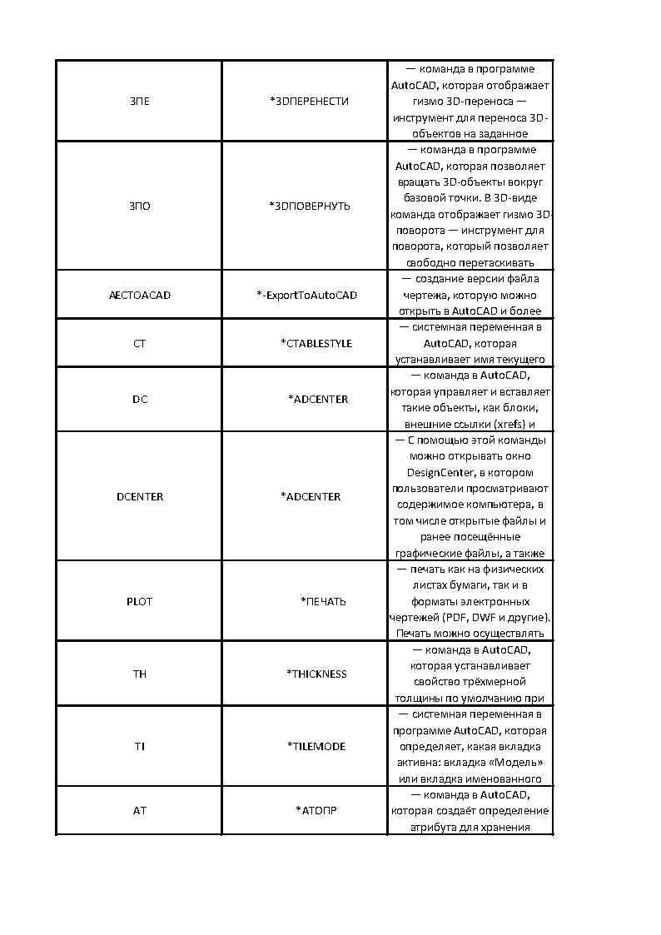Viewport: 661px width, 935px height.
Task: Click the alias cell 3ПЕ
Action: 140,101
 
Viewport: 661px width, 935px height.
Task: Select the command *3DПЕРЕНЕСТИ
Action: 309,101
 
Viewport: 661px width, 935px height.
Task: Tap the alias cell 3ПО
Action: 140,206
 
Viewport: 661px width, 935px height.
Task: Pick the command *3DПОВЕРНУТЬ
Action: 310,206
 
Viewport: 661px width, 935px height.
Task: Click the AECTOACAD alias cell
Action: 140,295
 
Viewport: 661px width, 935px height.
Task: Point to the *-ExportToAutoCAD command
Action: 306,295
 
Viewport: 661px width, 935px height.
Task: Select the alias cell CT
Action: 140,343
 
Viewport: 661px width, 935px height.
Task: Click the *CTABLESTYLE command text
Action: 316,343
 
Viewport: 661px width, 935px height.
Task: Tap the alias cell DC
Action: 140,399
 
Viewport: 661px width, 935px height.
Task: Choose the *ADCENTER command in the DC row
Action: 318,399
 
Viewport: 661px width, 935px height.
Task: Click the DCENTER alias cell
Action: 140,496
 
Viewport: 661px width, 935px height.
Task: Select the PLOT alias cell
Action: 140,601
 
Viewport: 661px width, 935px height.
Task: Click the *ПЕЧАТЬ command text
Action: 323,601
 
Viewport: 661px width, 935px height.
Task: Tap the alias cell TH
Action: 140,674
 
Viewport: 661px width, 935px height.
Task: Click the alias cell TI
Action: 140,746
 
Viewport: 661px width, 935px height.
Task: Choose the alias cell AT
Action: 140,809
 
